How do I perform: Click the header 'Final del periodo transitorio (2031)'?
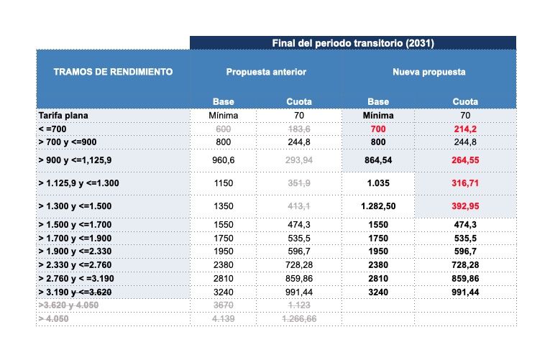pos(352,43)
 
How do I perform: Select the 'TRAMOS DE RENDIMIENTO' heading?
pos(113,72)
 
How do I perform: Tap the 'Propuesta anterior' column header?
pos(266,72)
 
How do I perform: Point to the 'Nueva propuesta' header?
pos(428,72)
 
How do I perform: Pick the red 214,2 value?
pos(465,128)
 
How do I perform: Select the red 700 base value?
pos(378,128)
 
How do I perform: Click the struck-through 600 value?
pos(224,128)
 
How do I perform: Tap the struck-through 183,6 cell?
pos(298,128)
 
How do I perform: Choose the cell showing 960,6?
pos(224,160)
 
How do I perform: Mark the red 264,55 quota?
pos(465,160)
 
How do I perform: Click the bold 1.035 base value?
pos(378,183)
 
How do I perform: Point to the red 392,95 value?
pos(465,206)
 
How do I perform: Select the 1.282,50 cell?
pos(378,206)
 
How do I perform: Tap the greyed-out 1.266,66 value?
pos(298,318)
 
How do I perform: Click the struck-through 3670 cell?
pos(224,305)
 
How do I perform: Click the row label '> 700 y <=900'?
pos(68,142)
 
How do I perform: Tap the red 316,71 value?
pos(465,183)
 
